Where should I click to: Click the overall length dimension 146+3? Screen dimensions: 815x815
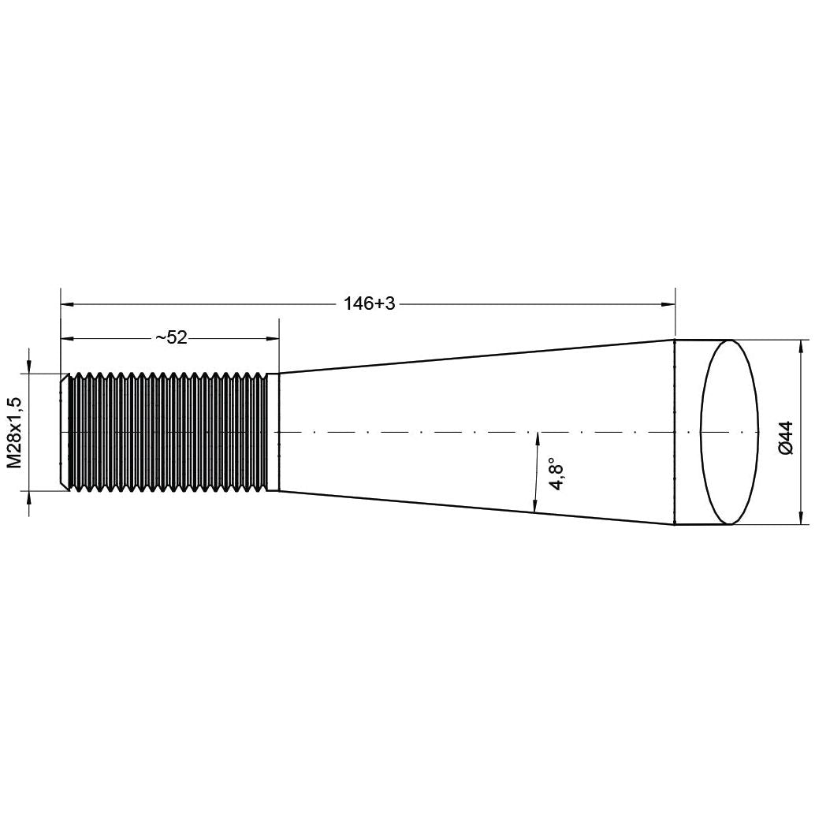point(369,303)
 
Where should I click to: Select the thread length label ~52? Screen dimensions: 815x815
point(171,338)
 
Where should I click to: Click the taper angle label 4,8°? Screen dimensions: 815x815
point(558,474)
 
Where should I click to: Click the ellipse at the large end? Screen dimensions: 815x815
point(729,433)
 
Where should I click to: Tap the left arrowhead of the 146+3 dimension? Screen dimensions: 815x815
point(67,303)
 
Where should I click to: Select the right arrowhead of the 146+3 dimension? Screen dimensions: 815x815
point(669,303)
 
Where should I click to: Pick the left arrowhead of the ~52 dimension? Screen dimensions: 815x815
point(67,339)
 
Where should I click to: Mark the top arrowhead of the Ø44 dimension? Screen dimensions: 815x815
point(802,346)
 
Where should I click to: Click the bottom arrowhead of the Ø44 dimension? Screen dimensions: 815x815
point(802,519)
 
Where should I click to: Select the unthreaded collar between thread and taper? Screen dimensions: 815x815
point(274,433)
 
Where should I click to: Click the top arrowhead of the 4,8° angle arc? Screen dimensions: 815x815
point(537,437)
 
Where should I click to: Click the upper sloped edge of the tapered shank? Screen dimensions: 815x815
point(473,356)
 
